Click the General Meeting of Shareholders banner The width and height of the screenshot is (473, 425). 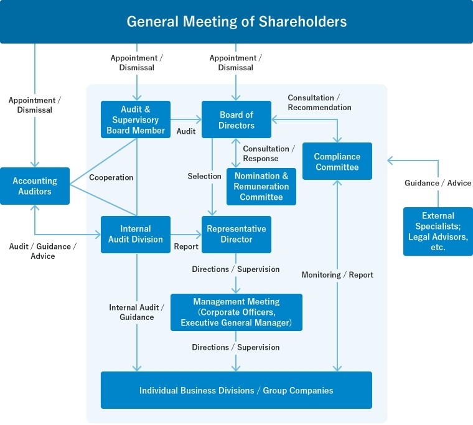[236, 22]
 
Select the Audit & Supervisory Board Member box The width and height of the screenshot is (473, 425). [136, 119]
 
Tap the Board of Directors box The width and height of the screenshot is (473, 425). [236, 119]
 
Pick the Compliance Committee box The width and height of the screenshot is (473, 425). [337, 161]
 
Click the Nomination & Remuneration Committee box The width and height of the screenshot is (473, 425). [261, 187]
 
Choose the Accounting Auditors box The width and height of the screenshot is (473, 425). [35, 186]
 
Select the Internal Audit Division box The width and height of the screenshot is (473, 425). [136, 234]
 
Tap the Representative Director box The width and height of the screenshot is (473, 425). [236, 234]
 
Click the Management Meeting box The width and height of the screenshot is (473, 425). [236, 312]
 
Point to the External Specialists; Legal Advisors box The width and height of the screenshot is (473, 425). [438, 231]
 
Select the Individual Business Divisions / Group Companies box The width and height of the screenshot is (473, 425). [236, 390]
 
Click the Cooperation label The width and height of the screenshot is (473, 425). [111, 177]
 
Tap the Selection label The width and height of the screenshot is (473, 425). [204, 176]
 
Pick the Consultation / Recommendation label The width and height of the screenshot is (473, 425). [319, 103]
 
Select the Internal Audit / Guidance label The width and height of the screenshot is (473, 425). [136, 312]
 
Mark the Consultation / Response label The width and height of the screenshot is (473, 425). [266, 154]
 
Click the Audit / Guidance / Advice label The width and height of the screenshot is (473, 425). [43, 251]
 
